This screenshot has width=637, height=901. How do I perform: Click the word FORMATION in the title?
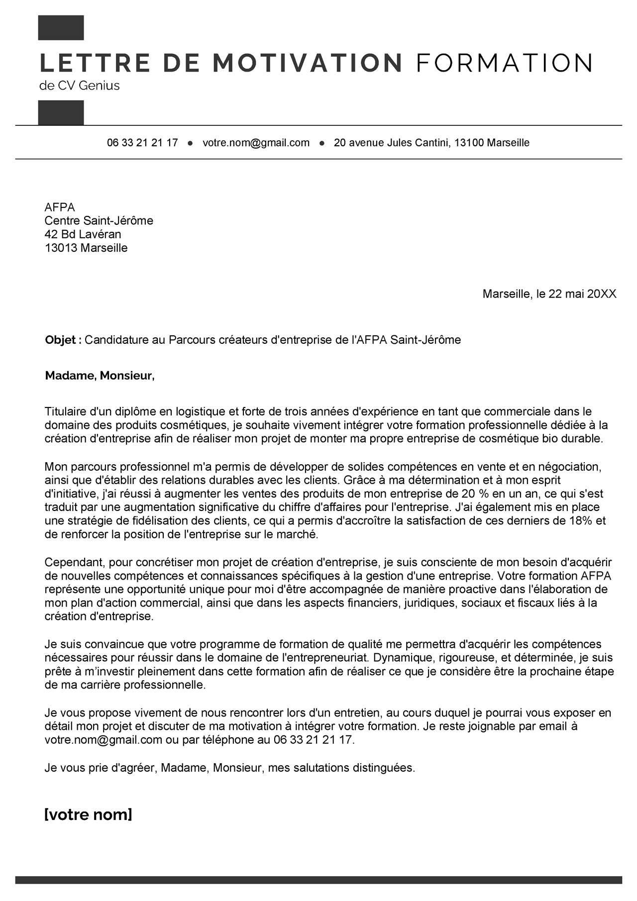pos(504,63)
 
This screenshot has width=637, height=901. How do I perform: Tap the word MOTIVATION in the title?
pos(307,63)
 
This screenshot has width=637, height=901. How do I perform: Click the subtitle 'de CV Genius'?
pos(80,86)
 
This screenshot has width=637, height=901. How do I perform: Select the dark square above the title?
pos(61,28)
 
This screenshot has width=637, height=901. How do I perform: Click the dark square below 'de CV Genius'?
pos(61,112)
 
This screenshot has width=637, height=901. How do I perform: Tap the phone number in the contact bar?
pos(142,143)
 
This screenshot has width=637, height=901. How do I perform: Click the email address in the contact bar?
pos(256,143)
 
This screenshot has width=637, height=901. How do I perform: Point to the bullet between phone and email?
pos(190,143)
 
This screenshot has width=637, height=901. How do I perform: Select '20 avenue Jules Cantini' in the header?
pos(392,143)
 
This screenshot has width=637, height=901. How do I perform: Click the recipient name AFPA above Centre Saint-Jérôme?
pos(60,207)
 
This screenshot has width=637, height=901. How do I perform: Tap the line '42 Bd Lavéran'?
pos(83,234)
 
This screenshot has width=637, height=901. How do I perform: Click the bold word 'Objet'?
pos(60,340)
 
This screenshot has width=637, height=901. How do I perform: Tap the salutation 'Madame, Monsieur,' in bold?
pos(100,376)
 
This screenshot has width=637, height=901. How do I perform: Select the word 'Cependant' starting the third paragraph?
pos(74,562)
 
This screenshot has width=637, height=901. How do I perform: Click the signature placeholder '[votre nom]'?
pos(88,815)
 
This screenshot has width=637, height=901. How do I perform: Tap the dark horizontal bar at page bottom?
pos(318,880)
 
